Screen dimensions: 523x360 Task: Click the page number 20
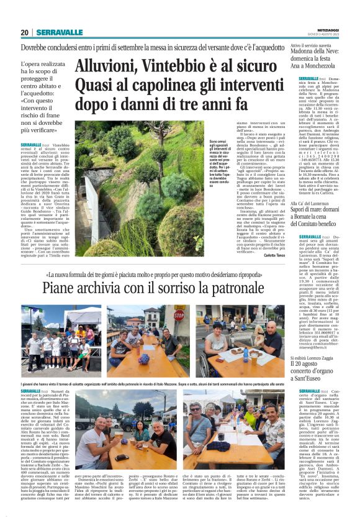[24, 32]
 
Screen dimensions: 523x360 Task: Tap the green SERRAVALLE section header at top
[59, 32]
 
